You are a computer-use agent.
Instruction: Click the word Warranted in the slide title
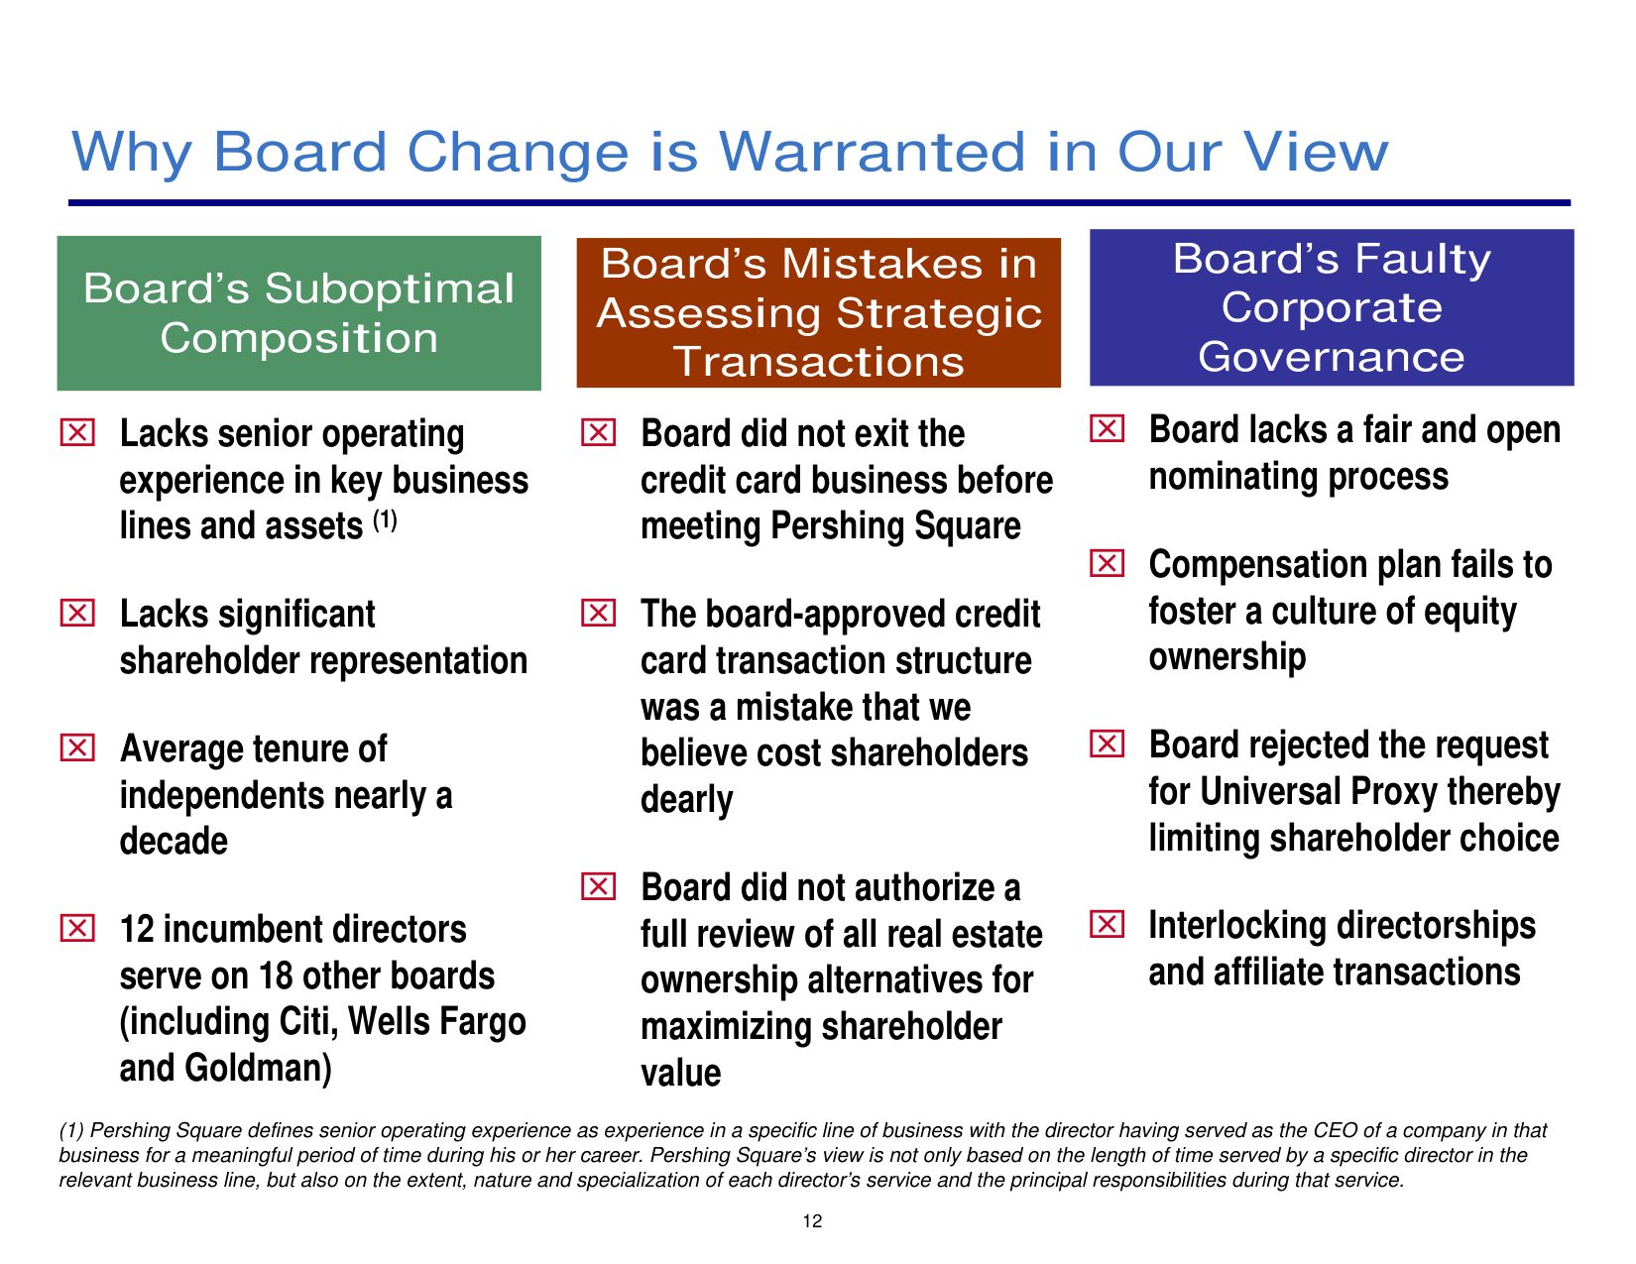(x=873, y=152)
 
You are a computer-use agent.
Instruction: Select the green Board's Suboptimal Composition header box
(x=298, y=313)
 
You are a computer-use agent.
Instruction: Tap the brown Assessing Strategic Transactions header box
(x=818, y=312)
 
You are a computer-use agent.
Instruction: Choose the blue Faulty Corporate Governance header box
(x=1331, y=307)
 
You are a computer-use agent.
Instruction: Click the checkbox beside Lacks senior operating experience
(x=77, y=432)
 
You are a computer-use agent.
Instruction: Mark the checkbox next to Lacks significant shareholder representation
(x=77, y=613)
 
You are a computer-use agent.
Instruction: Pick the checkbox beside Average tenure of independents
(x=77, y=747)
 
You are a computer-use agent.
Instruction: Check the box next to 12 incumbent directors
(x=77, y=928)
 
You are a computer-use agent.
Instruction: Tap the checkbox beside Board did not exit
(x=599, y=432)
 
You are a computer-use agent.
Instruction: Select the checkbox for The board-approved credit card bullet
(x=599, y=613)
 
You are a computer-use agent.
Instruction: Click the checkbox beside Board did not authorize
(x=599, y=886)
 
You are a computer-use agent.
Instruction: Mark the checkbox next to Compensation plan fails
(x=1107, y=563)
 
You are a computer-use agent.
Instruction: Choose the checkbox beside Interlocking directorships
(x=1107, y=924)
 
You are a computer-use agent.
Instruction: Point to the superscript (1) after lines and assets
(x=385, y=520)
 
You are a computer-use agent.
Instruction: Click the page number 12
(x=812, y=1221)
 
